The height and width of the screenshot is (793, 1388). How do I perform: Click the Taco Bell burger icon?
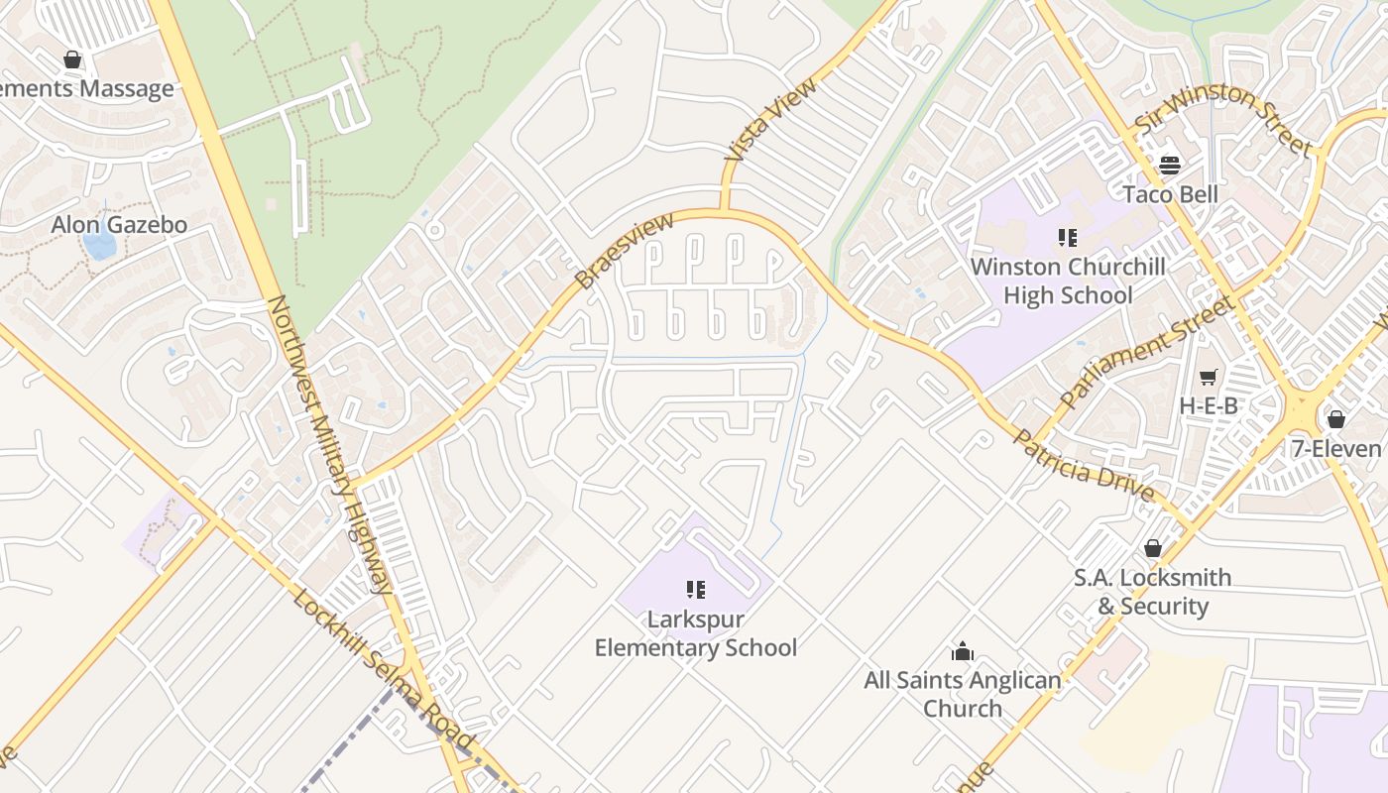[x=1170, y=165]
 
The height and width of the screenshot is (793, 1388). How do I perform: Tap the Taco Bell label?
[x=1170, y=193]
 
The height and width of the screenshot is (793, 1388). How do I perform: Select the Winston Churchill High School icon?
[x=1067, y=237]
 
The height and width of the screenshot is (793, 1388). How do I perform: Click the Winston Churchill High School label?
[x=1067, y=281]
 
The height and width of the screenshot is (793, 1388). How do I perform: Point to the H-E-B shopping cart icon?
[x=1208, y=377]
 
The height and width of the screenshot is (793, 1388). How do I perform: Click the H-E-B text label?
[x=1209, y=405]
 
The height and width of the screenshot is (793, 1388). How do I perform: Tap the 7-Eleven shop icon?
[x=1335, y=419]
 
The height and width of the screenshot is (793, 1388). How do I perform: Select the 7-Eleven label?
[x=1337, y=448]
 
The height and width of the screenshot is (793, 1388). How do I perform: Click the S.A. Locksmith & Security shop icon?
[x=1152, y=548]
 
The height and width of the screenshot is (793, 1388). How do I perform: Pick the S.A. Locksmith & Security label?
[x=1152, y=592]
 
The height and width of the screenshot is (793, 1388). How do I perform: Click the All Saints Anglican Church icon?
[x=962, y=651]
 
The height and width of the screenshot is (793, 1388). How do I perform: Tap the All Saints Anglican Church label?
[x=962, y=694]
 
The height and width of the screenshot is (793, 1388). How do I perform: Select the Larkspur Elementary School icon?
[x=695, y=591]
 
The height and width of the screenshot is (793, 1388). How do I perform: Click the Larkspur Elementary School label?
[x=695, y=633]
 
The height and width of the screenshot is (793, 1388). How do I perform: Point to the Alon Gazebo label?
[x=119, y=225]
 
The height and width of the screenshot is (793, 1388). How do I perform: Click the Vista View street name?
[x=771, y=120]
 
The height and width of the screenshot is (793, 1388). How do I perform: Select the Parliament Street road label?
[x=1148, y=352]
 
